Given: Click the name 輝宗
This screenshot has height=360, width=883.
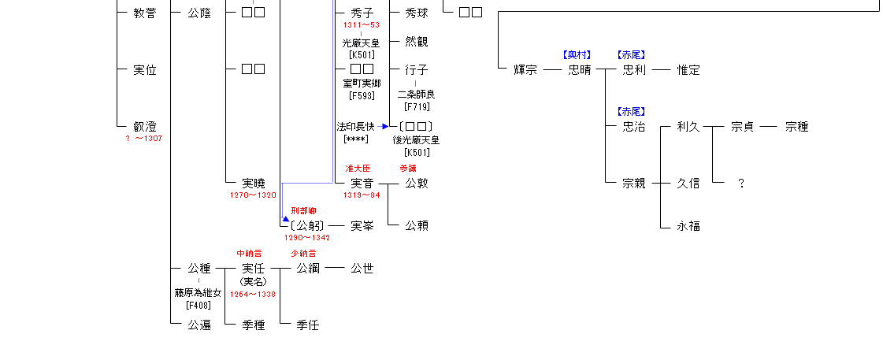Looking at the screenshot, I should tap(520, 70).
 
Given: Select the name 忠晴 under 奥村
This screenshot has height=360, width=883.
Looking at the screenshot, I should tap(580, 70).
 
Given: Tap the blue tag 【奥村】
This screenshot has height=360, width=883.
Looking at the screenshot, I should tap(577, 55).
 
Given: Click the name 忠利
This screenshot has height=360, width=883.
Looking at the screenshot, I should tap(634, 70).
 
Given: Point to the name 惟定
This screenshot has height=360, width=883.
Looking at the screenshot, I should tap(688, 70).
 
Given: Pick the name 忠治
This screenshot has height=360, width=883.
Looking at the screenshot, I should tap(634, 127).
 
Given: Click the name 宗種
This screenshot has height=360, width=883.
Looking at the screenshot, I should tap(797, 127).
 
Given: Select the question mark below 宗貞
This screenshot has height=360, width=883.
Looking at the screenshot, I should tap(741, 184).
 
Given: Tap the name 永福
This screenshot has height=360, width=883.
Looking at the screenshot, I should tap(688, 226).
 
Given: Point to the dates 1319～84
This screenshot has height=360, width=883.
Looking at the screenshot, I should tap(362, 195).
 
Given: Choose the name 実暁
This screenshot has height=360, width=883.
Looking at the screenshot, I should tap(254, 184).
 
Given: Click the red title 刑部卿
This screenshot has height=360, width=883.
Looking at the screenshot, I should tap(303, 211).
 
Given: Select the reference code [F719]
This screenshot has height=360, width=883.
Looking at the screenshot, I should tap(417, 107).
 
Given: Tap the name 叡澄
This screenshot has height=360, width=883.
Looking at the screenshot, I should tap(145, 127).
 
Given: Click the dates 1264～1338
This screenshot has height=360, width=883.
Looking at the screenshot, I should tap(253, 295).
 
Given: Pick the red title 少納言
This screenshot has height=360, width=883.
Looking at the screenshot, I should tap(303, 254).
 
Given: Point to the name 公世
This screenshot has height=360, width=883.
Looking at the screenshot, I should tap(362, 269).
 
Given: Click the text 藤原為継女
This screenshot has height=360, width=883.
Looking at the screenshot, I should tap(198, 293).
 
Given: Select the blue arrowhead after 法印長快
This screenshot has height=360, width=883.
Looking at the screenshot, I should tap(384, 126).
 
